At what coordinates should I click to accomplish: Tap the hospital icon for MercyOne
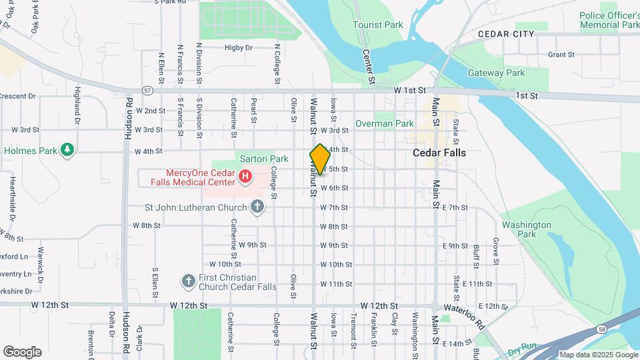point(245,177)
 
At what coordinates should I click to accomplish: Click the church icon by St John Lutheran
point(257,207)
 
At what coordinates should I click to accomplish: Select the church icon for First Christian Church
point(189,281)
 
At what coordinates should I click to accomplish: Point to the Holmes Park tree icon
point(67,151)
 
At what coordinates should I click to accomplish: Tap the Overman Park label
point(385,123)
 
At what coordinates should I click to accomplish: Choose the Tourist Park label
point(378,25)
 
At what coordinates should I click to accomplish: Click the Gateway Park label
point(496,73)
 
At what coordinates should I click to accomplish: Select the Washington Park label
point(527,230)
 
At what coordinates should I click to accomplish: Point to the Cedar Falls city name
point(439,153)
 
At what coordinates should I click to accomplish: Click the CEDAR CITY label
point(506,34)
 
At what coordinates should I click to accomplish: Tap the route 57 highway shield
point(147,90)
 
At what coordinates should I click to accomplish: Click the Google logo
point(22,351)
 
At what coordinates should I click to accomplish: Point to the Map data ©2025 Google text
point(597,355)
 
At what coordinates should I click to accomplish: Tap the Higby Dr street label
point(239,47)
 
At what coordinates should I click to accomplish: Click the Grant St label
point(561,55)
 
